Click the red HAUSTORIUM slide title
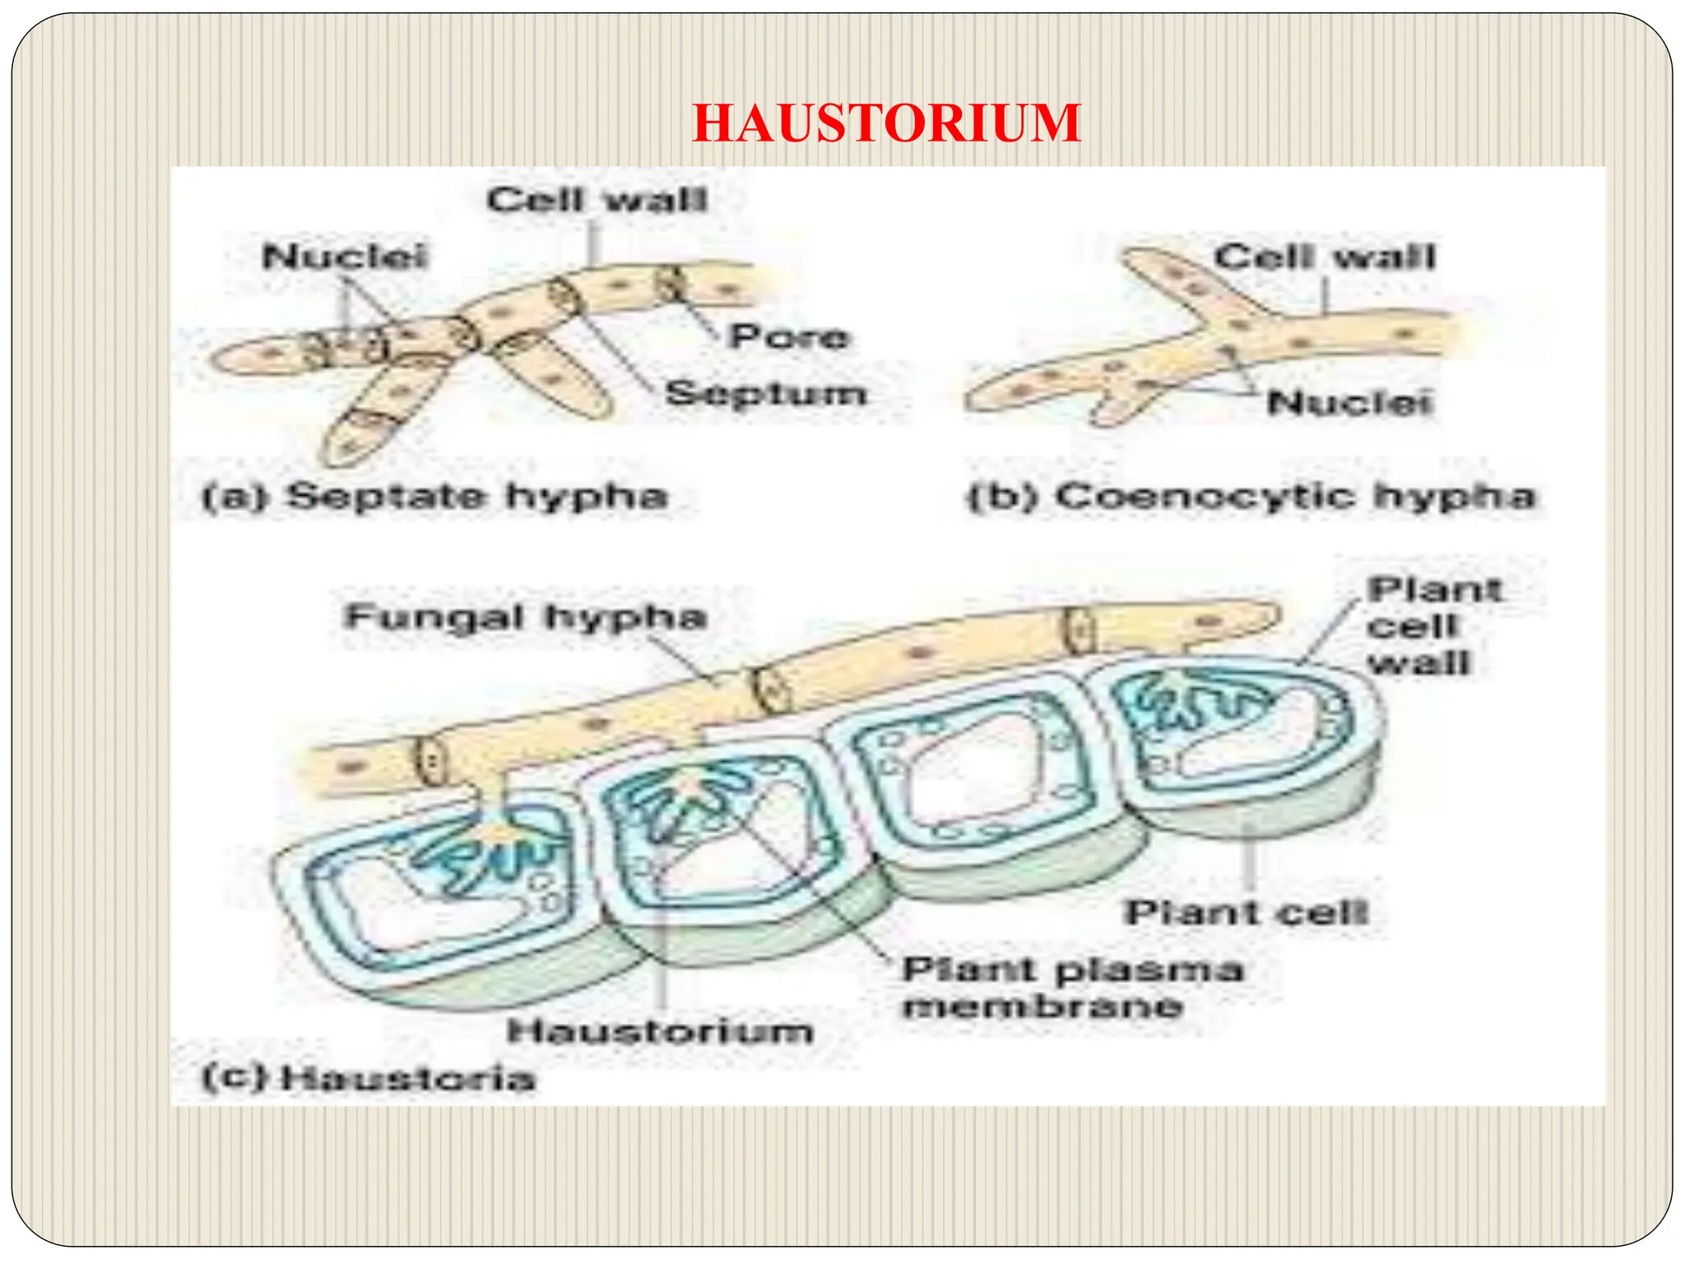[886, 123]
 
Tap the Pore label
[789, 337]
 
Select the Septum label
[766, 393]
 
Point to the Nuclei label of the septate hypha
[345, 256]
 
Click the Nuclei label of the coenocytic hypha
[1350, 402]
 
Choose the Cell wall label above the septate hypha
[596, 200]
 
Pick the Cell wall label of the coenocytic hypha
[1325, 257]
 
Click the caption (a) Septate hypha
[434, 496]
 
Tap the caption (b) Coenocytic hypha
[1251, 496]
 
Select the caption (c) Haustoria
[369, 1078]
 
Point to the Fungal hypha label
[527, 617]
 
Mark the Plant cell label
[1246, 912]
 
